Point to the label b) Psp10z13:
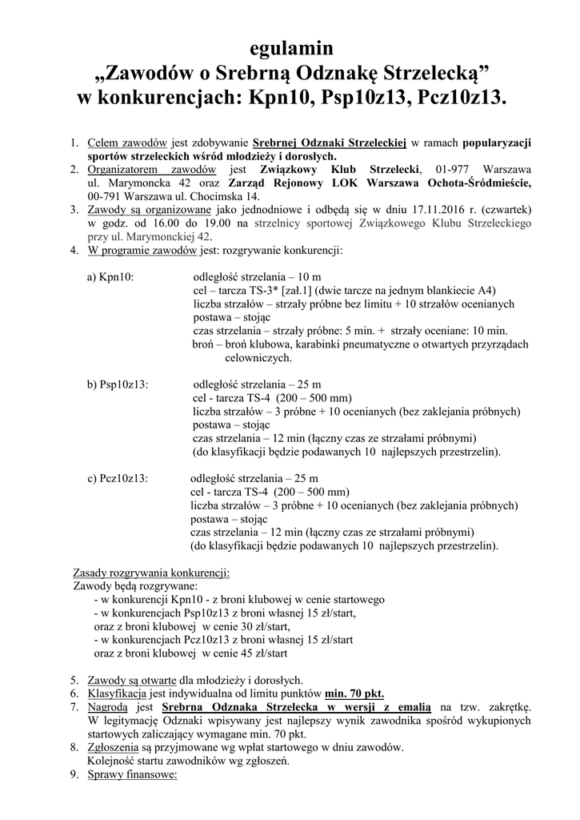point(122,384)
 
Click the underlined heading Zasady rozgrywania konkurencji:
point(151,573)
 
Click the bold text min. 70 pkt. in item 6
point(355,693)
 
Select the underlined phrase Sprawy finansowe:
point(131,774)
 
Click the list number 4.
point(74,251)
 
